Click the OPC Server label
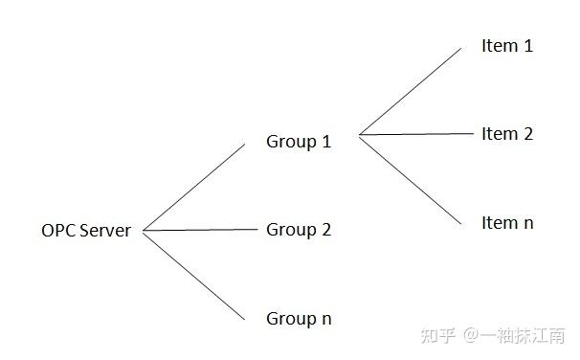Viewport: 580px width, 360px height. click(x=86, y=230)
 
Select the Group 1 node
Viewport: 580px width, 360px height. click(x=299, y=142)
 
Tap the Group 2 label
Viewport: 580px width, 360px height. click(x=299, y=230)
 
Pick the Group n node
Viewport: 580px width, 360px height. click(x=299, y=318)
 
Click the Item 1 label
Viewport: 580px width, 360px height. click(x=507, y=45)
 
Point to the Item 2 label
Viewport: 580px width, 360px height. click(x=507, y=134)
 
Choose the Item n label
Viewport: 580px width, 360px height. click(x=507, y=223)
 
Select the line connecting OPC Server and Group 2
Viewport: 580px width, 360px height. click(x=201, y=230)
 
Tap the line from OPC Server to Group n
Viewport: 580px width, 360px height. click(x=193, y=275)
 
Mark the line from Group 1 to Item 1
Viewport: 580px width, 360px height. click(x=410, y=92)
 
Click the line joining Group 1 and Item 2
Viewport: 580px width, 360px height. click(x=417, y=134)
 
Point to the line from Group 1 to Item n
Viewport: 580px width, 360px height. click(x=410, y=178)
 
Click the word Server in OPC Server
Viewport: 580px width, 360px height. click(x=105, y=230)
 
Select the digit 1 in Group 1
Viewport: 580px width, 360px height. click(x=326, y=142)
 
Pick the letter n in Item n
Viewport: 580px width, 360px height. click(x=527, y=223)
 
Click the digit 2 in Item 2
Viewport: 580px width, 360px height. click(x=527, y=134)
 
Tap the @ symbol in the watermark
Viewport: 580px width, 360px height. click(x=471, y=336)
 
